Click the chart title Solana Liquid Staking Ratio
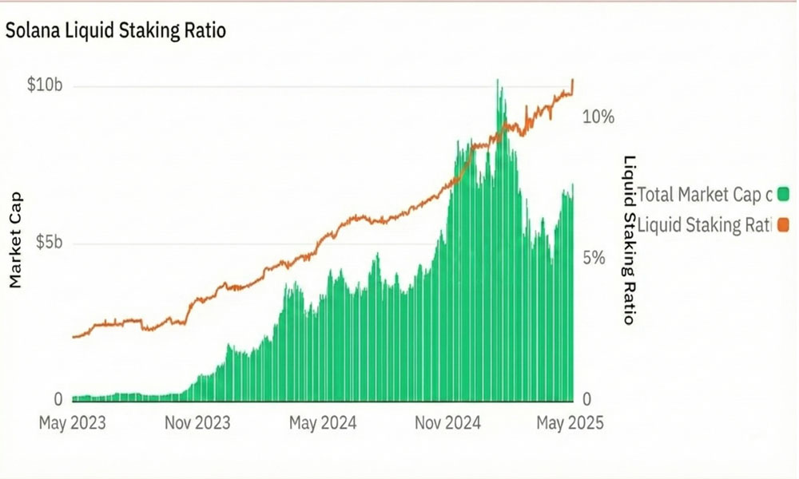coord(116,31)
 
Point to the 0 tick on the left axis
coord(57,399)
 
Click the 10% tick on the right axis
coord(598,117)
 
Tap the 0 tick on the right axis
coord(587,399)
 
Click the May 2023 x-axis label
coord(72,422)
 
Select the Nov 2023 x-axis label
coord(197,422)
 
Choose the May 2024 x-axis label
coord(323,422)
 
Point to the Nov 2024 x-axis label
coord(447,422)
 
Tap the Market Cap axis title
coord(15,240)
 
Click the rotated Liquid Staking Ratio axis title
coord(629,239)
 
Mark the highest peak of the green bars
coord(498,81)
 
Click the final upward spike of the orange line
coord(573,81)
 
